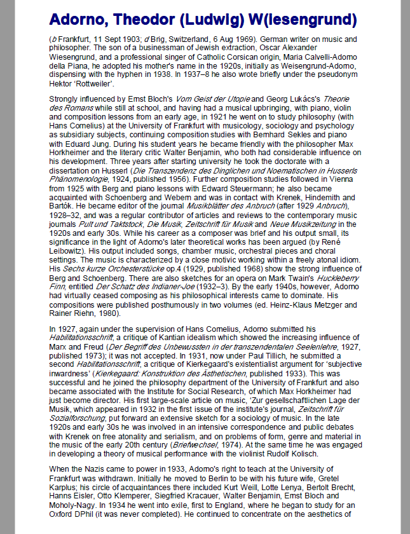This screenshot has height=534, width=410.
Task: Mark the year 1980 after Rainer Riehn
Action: (106, 313)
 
